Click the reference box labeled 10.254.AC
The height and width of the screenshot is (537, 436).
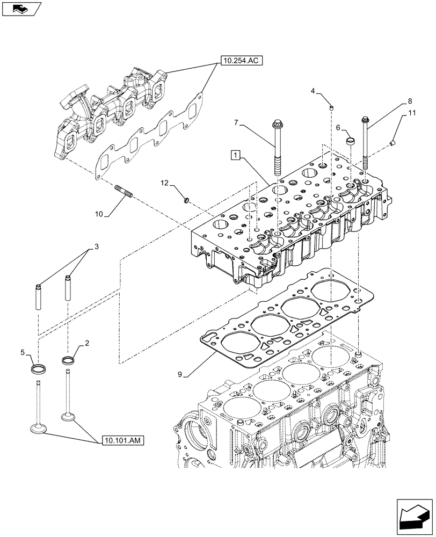[x=240, y=61]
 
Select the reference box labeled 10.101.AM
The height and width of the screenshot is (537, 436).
[x=121, y=441]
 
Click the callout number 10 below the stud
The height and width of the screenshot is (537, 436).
[x=98, y=214]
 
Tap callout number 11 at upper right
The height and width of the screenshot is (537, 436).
[x=412, y=113]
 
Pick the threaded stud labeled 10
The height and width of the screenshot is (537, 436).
[x=123, y=191]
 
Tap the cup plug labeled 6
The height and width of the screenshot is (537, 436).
[x=351, y=141]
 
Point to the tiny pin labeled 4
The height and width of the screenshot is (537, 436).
[x=332, y=108]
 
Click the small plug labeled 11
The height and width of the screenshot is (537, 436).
[x=393, y=143]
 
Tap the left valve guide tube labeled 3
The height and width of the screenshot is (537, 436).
[x=39, y=296]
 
